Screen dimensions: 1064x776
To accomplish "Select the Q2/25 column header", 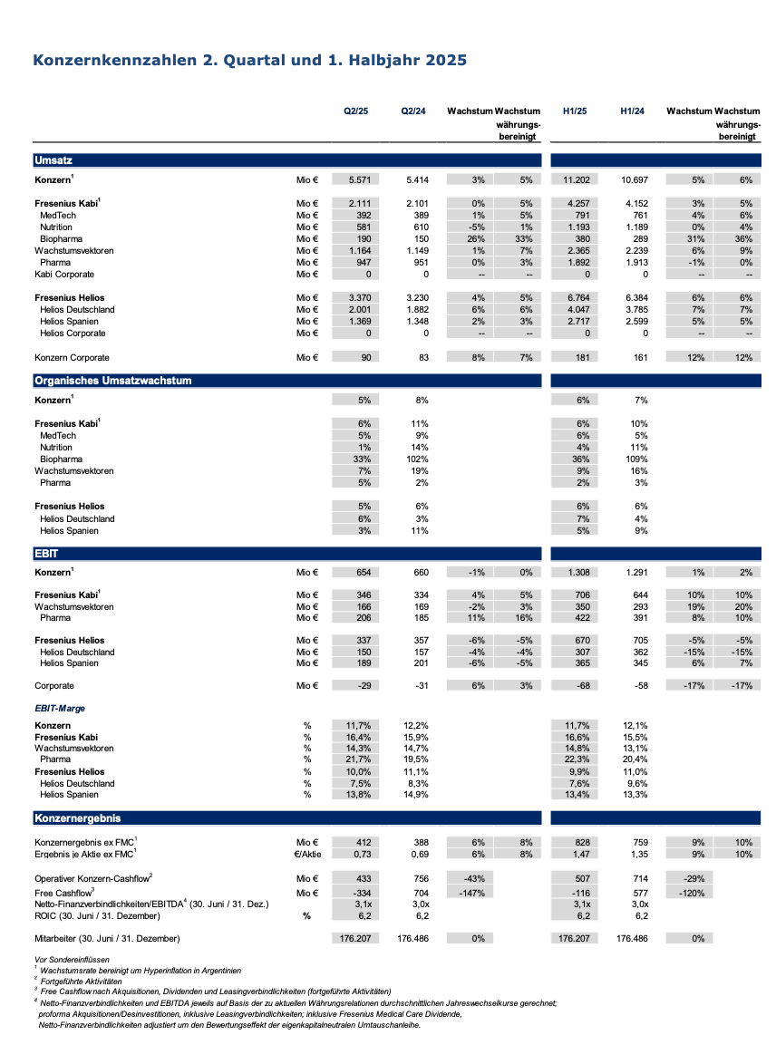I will [x=355, y=111].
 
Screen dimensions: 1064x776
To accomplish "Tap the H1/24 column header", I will [x=633, y=111].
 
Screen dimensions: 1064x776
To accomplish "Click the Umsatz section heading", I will [x=47, y=160].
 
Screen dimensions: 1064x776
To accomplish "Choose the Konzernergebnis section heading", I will [x=77, y=818].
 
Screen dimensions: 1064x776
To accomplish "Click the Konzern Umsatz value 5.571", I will [x=355, y=180].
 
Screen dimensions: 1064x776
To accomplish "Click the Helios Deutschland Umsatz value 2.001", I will [x=355, y=309].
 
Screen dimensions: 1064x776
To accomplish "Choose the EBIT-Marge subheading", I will [x=60, y=709].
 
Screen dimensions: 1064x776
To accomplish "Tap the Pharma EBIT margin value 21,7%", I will [x=357, y=759].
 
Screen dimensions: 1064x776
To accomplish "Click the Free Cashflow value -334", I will [x=357, y=892].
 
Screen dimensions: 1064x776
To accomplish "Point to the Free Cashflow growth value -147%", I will [x=471, y=892].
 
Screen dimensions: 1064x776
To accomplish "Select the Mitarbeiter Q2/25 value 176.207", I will [x=355, y=938].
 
